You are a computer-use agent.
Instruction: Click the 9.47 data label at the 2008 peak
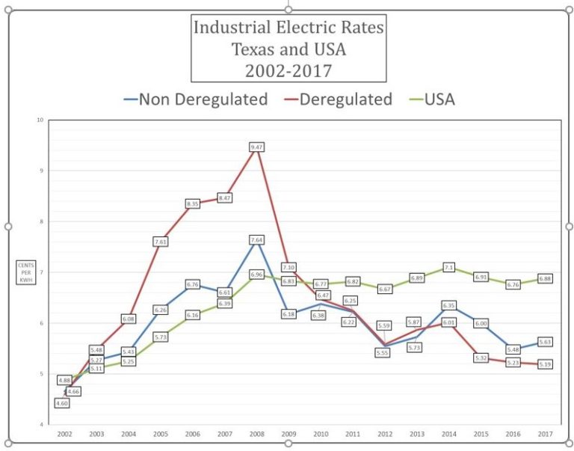point(256,148)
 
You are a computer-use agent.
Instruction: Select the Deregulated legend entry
point(338,99)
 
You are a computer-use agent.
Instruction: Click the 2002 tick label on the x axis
point(65,434)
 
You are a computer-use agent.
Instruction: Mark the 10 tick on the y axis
point(40,120)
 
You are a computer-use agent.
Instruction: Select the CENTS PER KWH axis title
point(27,272)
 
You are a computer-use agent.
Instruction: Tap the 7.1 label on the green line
point(449,267)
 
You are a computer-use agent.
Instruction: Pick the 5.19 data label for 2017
point(546,364)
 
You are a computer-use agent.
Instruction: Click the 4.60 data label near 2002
point(61,403)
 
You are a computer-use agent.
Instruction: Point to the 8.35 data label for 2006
point(192,203)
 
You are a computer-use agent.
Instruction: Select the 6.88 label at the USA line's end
point(546,278)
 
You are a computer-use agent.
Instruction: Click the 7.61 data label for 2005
point(161,242)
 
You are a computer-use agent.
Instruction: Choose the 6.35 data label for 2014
point(449,305)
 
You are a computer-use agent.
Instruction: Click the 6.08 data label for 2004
point(128,319)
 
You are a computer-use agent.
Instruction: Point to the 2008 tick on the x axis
point(257,434)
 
